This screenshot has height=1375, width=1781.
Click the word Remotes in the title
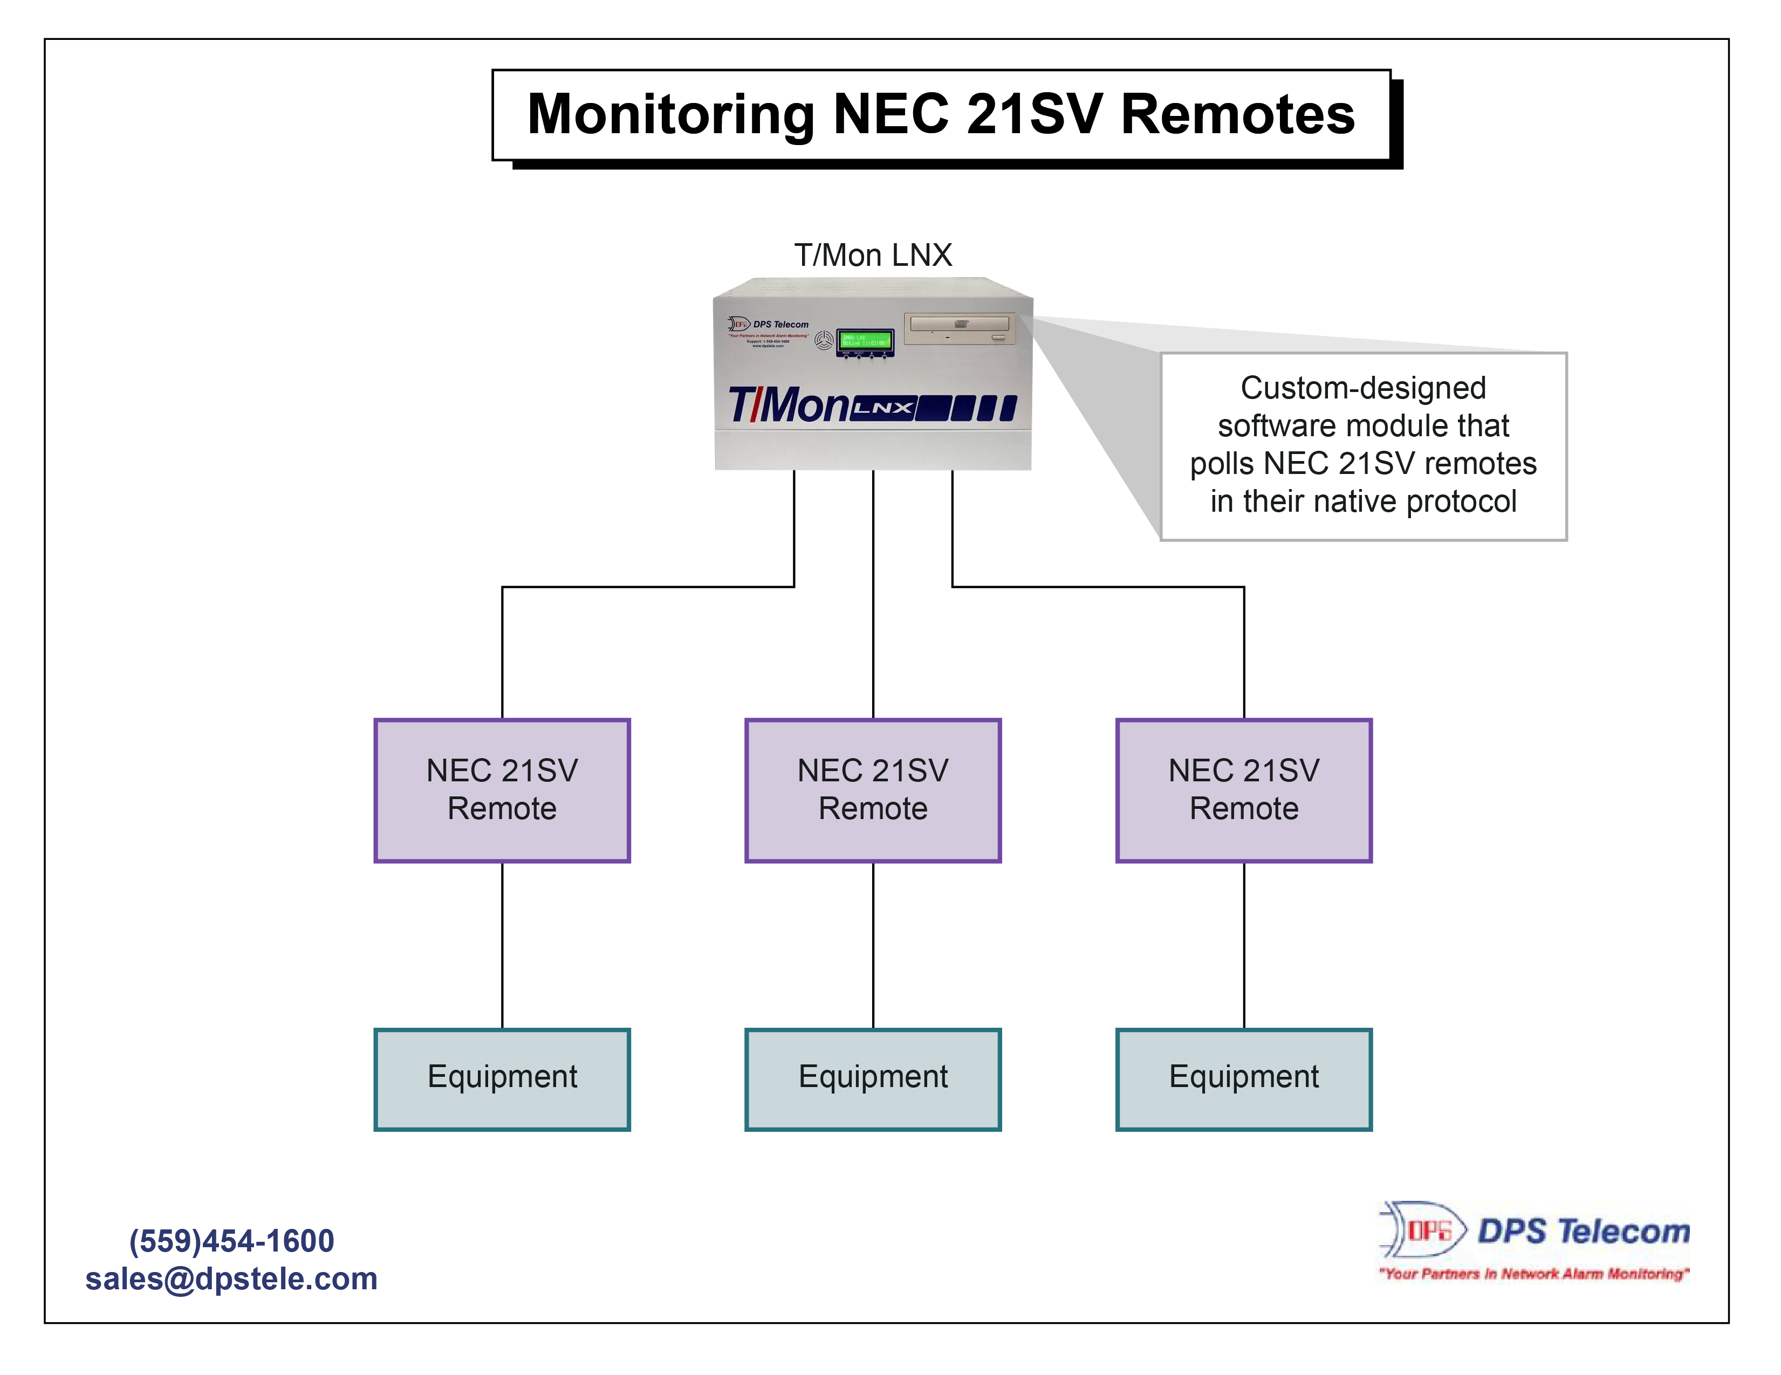pyautogui.click(x=1237, y=115)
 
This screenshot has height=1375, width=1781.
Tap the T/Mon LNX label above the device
pyautogui.click(x=873, y=255)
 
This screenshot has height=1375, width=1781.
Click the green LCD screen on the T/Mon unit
pyautogui.click(x=865, y=341)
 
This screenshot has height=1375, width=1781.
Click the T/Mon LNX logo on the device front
pyautogui.click(x=871, y=405)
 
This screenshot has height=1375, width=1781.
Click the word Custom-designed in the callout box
pyautogui.click(x=1362, y=388)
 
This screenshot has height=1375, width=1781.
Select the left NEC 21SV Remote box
pyautogui.click(x=502, y=790)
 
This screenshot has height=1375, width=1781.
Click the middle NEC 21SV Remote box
pyautogui.click(x=873, y=790)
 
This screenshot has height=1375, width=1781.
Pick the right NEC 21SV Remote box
pyautogui.click(x=1244, y=790)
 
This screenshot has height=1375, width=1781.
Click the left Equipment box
pyautogui.click(x=502, y=1078)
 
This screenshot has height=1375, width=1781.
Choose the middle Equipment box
pyautogui.click(x=873, y=1078)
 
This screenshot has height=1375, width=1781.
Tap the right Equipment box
pyautogui.click(x=1244, y=1078)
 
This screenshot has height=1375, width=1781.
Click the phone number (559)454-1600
pyautogui.click(x=231, y=1241)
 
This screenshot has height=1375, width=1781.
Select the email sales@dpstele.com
pyautogui.click(x=231, y=1278)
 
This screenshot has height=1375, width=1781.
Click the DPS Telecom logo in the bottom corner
pyautogui.click(x=1533, y=1230)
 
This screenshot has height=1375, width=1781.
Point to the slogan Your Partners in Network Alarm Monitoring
pyautogui.click(x=1533, y=1273)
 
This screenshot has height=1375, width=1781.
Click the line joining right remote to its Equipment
pyautogui.click(x=1244, y=945)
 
